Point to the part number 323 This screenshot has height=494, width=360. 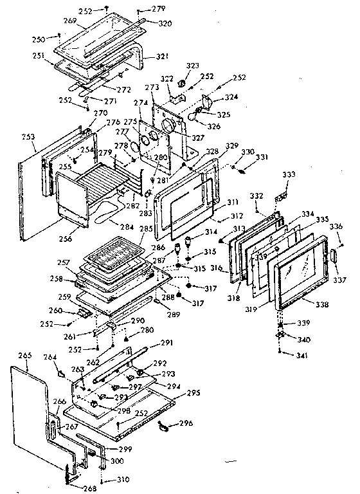[191, 66]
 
